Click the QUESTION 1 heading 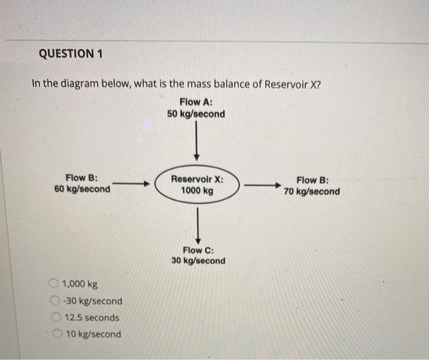coord(71,54)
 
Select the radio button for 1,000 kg coord(55,283)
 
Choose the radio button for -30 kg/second coord(55,301)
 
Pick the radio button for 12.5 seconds coord(55,318)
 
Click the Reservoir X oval coord(197,185)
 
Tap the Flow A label coord(196,102)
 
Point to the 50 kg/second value coord(196,114)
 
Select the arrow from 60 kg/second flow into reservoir coord(131,183)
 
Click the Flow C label coord(198,250)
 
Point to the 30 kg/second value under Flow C coord(198,261)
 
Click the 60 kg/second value coord(83,189)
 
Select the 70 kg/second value coord(312,192)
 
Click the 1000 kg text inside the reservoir coord(197,191)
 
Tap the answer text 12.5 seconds coord(92,318)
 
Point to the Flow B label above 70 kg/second coord(312,180)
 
